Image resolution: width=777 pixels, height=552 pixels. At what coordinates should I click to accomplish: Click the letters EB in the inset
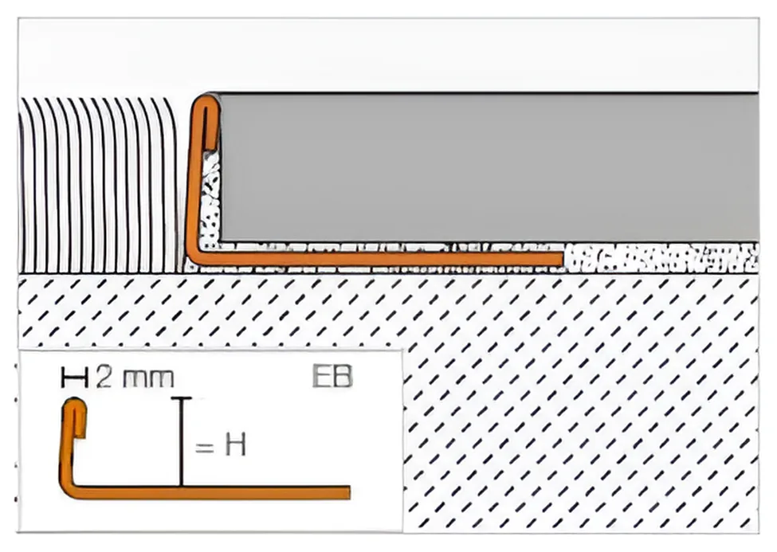pyautogui.click(x=332, y=376)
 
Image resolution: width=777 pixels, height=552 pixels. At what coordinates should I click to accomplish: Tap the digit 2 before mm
pyautogui.click(x=104, y=378)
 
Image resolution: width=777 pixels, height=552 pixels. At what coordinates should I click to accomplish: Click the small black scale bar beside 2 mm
pyautogui.click(x=75, y=378)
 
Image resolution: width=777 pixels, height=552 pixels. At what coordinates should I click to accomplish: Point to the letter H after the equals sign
pyautogui.click(x=235, y=444)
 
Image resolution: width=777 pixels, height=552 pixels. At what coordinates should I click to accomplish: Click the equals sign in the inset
pyautogui.click(x=205, y=447)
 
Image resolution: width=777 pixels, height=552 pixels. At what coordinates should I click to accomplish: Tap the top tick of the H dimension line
pyautogui.click(x=182, y=398)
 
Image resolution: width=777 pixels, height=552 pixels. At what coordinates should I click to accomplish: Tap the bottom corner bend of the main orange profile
pyautogui.click(x=194, y=257)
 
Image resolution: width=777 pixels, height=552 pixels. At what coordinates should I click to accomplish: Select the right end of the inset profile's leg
pyautogui.click(x=349, y=492)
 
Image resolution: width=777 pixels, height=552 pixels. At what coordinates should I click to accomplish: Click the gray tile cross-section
pyautogui.click(x=488, y=167)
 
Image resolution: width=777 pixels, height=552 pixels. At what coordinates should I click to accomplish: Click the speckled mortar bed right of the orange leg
pyautogui.click(x=661, y=257)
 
